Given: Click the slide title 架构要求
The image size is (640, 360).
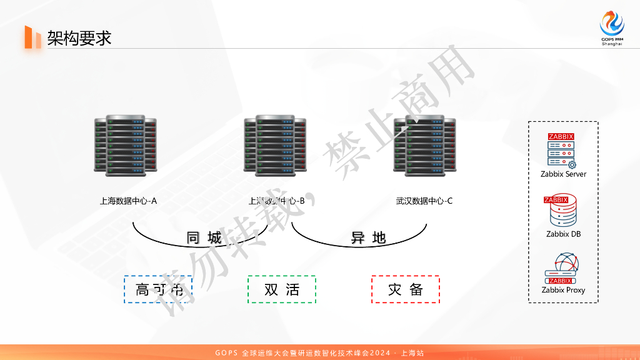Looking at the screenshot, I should coord(79,38).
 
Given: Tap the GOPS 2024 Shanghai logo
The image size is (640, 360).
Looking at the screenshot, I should coord(612,29).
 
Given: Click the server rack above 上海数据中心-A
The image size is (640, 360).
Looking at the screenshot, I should coord(125,144).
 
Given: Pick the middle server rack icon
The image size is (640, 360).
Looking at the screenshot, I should coord(275,144).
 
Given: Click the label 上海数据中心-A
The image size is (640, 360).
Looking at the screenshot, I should coord(128,201).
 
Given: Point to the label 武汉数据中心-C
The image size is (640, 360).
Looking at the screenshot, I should coord(424,201).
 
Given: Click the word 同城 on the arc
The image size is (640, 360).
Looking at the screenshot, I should coord(204,238).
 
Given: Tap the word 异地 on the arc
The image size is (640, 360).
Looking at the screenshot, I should coord(368,238).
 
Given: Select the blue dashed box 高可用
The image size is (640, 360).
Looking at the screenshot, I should coord(158,289).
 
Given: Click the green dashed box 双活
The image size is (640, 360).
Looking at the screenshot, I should coord(282,289).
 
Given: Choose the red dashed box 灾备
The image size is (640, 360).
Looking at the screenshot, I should coord(406,289).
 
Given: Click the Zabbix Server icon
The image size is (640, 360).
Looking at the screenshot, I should coord(562,151).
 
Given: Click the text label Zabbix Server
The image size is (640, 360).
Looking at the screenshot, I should coord(564,174).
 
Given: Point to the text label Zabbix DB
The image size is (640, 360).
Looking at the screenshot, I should coord(563,234).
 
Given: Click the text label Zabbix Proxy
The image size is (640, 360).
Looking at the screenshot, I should coord(563,290).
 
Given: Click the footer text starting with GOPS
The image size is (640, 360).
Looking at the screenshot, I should coord(319,353).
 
